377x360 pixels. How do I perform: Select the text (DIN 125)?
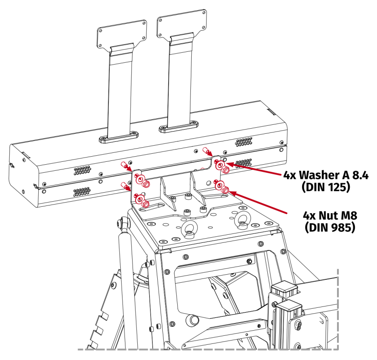click(326, 187)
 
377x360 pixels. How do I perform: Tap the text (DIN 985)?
click(330, 227)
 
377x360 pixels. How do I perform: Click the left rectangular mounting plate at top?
click(122, 34)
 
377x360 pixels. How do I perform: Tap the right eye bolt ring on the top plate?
click(243, 219)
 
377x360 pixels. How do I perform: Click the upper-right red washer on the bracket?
click(219, 165)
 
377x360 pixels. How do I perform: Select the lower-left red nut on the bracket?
click(146, 204)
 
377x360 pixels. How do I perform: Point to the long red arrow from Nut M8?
click(257, 202)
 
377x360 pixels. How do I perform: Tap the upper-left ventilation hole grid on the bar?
click(82, 170)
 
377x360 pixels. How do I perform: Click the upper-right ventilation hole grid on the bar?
click(244, 141)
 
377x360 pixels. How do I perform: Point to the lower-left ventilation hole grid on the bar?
click(82, 191)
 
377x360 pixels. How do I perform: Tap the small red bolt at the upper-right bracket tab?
click(205, 151)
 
